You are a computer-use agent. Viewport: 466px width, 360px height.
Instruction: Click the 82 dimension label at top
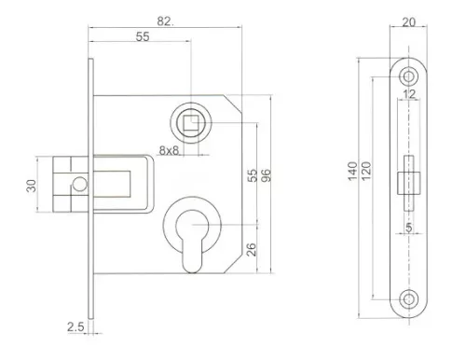tap(165, 21)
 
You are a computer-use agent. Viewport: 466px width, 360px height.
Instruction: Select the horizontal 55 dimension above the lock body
tap(143, 36)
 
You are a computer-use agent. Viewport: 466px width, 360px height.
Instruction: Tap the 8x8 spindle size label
tap(170, 150)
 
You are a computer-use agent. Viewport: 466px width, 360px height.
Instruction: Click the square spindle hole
tap(191, 123)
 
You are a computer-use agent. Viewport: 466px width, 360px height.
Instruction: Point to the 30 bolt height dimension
tap(32, 186)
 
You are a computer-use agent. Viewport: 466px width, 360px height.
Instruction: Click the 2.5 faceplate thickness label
tap(75, 326)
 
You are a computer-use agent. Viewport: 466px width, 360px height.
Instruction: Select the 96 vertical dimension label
tap(267, 175)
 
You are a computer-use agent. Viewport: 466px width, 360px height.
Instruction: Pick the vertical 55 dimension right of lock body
tap(253, 175)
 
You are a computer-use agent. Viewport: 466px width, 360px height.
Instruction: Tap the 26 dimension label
tap(252, 249)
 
